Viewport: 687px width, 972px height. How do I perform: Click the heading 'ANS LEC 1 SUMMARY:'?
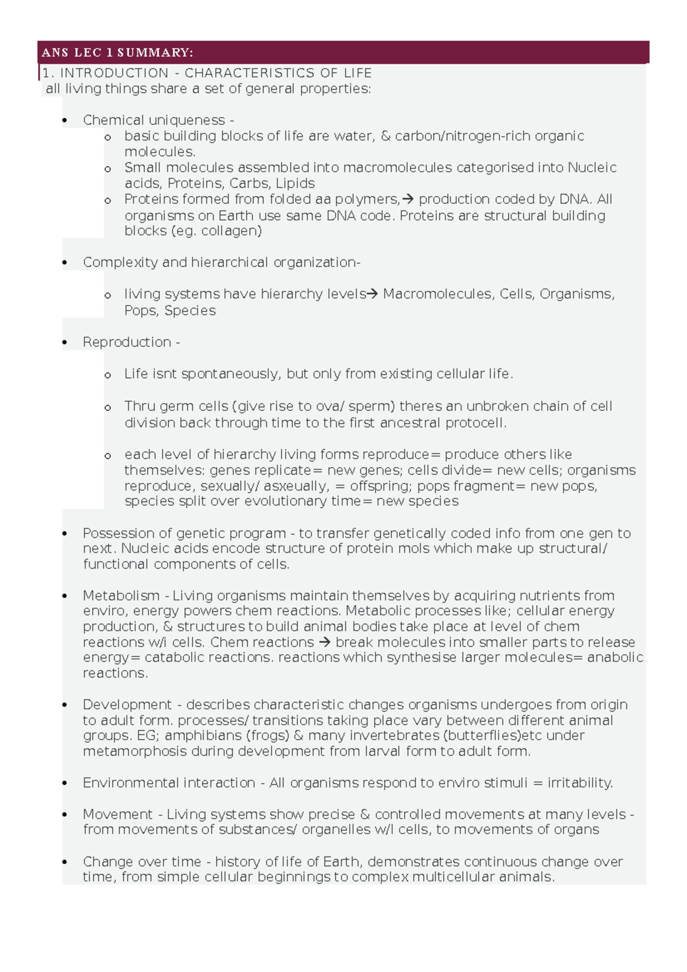click(x=117, y=53)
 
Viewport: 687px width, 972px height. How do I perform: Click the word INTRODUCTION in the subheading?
click(x=114, y=73)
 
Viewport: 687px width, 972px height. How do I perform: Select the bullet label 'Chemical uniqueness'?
click(x=153, y=120)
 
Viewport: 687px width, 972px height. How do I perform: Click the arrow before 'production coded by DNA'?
click(x=408, y=199)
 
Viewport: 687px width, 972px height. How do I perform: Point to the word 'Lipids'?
click(x=295, y=184)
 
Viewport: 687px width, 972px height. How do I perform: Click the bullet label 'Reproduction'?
click(x=127, y=342)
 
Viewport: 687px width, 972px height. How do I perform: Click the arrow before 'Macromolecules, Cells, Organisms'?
click(x=372, y=294)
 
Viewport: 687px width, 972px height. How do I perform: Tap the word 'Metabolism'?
click(x=121, y=596)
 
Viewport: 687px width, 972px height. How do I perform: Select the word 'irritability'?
click(x=579, y=783)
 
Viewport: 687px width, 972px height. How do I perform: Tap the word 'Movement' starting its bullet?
click(x=117, y=815)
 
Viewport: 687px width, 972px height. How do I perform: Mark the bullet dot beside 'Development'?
click(x=65, y=705)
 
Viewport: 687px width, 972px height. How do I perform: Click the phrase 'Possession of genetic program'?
click(x=184, y=534)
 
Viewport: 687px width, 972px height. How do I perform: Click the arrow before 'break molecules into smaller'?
click(x=325, y=642)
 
